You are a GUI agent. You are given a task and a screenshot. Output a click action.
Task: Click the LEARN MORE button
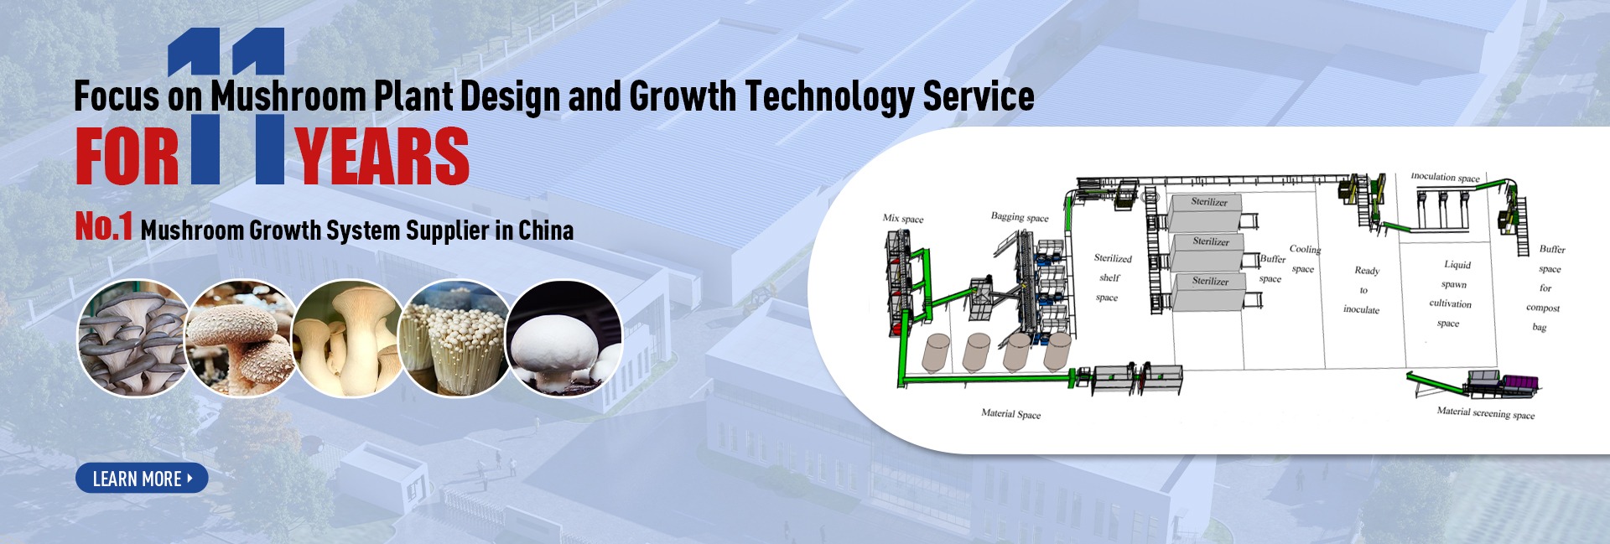point(142,479)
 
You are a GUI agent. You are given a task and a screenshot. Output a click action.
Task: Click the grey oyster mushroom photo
point(132,338)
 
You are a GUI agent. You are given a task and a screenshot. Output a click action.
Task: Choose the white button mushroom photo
point(563,338)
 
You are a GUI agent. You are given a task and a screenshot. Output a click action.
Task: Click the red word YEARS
point(382,157)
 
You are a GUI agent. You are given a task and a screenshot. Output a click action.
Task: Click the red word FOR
point(127,157)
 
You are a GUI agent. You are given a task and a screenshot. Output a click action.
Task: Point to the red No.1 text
point(104,227)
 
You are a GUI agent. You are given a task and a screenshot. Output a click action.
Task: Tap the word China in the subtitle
point(546,230)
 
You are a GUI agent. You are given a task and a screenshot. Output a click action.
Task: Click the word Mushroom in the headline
point(288,96)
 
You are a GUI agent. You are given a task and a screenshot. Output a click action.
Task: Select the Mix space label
point(903,219)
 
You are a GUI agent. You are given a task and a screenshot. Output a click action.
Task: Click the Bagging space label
point(1020,217)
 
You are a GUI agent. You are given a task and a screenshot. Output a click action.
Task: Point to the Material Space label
point(1010,413)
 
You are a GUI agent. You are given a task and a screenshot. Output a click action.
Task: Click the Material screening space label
point(1486,412)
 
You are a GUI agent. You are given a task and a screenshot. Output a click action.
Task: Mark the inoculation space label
point(1445,177)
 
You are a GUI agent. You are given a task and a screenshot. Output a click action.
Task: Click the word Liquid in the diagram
point(1457,265)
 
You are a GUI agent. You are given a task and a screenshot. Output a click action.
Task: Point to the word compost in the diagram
point(1543,308)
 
